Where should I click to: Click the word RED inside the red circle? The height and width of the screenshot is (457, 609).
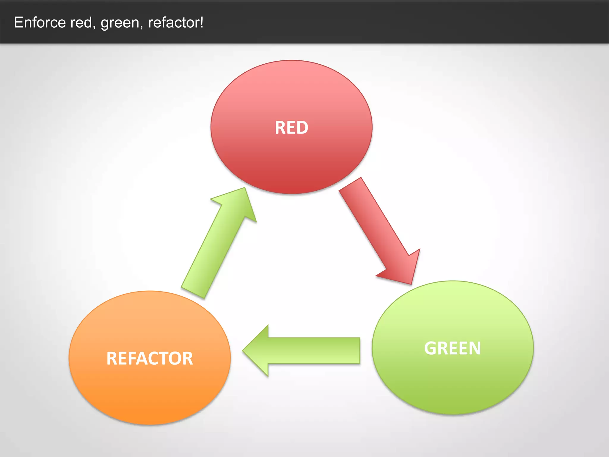click(291, 128)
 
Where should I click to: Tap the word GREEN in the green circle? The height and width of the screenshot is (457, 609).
click(452, 348)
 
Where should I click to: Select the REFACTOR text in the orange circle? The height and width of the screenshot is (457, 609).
click(150, 358)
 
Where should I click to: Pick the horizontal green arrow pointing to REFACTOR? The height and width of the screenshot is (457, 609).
click(303, 350)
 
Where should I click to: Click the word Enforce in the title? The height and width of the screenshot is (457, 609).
click(40, 22)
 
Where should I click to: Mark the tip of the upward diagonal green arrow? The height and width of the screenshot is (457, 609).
click(244, 189)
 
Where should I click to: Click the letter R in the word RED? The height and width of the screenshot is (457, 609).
click(280, 128)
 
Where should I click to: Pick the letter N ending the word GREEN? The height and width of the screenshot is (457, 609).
click(475, 348)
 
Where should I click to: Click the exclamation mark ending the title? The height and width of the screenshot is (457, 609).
click(202, 22)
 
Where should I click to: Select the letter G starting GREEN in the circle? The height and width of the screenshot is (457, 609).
click(430, 348)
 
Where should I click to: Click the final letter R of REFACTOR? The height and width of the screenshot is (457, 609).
click(188, 358)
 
